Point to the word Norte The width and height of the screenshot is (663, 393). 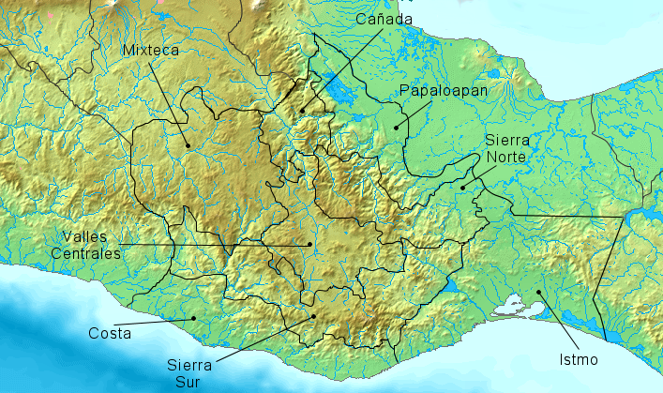pos(507,157)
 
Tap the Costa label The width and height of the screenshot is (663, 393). pos(110,333)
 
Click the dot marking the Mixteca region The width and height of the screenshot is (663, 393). pos(188,144)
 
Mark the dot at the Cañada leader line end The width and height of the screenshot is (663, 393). pos(303,111)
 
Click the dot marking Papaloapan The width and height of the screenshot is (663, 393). pos(396,127)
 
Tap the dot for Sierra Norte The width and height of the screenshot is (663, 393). pos(462,188)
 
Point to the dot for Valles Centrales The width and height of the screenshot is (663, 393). pos(309,245)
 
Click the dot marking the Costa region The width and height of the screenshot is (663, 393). pos(193,318)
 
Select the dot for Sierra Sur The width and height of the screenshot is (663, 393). pos(313,317)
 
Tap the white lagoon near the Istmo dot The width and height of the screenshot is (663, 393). pos(513,304)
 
